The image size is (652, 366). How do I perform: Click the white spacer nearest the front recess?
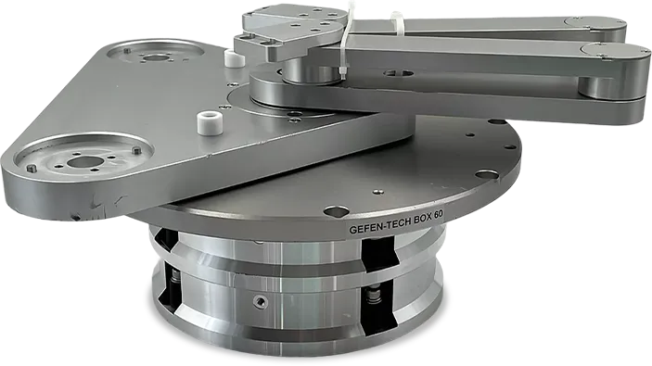click(206, 122)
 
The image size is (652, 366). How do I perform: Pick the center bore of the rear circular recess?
click(156, 58)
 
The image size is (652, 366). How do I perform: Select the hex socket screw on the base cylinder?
click(261, 300)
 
